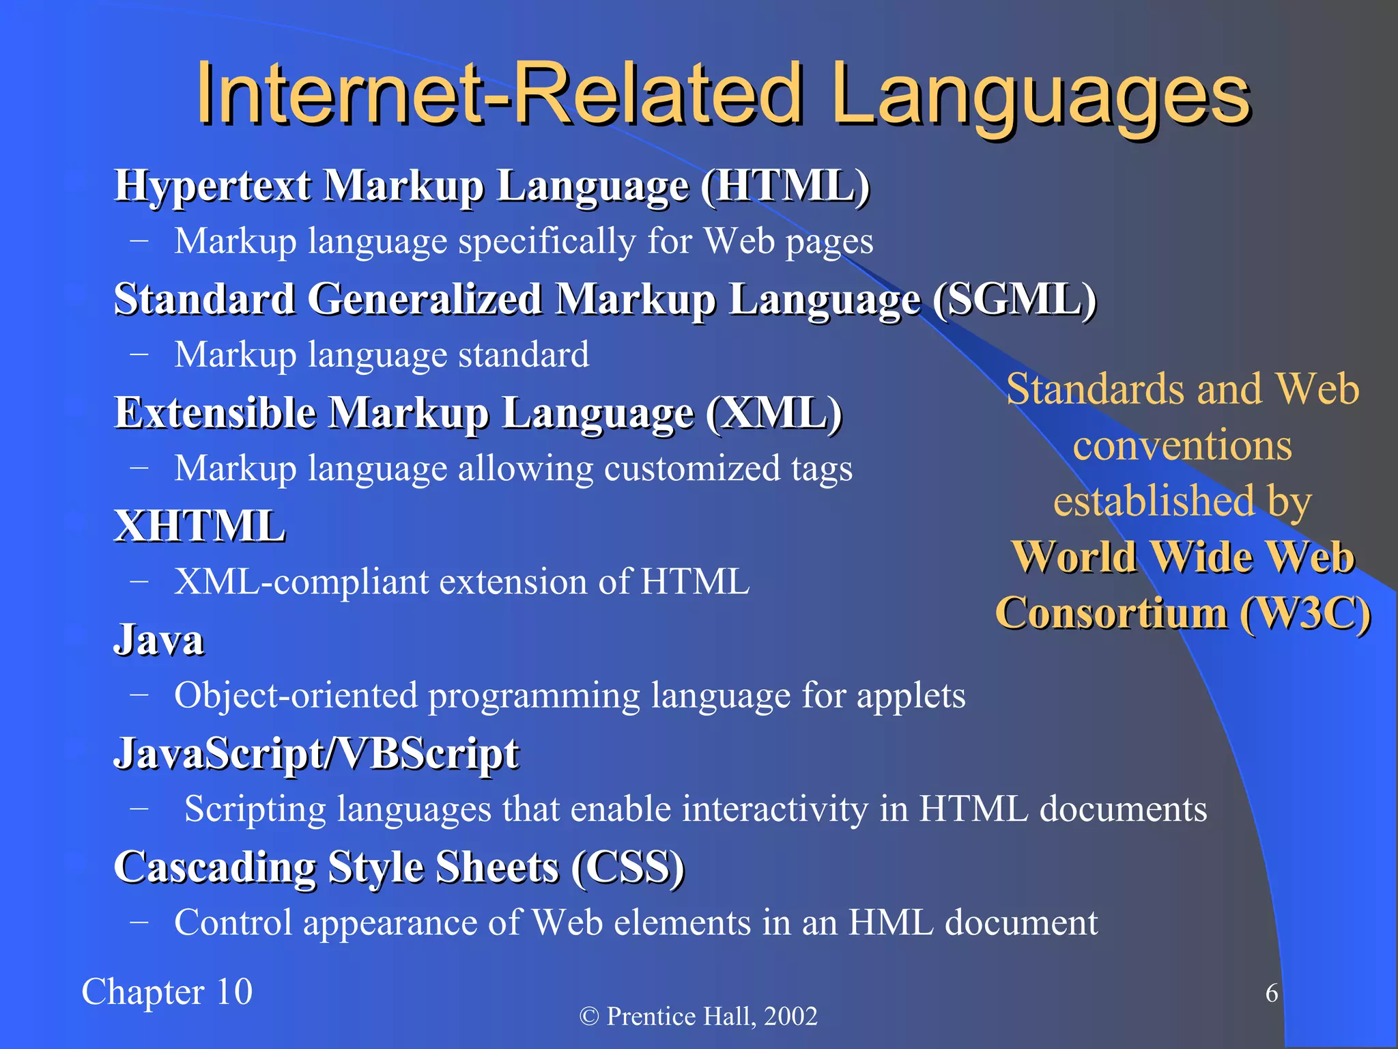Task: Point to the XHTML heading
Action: point(199,527)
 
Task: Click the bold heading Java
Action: point(158,640)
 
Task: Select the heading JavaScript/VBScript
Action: point(316,754)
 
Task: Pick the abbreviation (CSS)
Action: point(627,867)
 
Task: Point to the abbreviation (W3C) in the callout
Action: point(1304,613)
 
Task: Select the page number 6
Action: point(1272,993)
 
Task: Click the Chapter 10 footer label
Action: point(167,992)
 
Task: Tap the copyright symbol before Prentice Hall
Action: point(589,1016)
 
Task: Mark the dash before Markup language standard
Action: point(139,354)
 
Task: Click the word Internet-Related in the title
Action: point(498,96)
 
